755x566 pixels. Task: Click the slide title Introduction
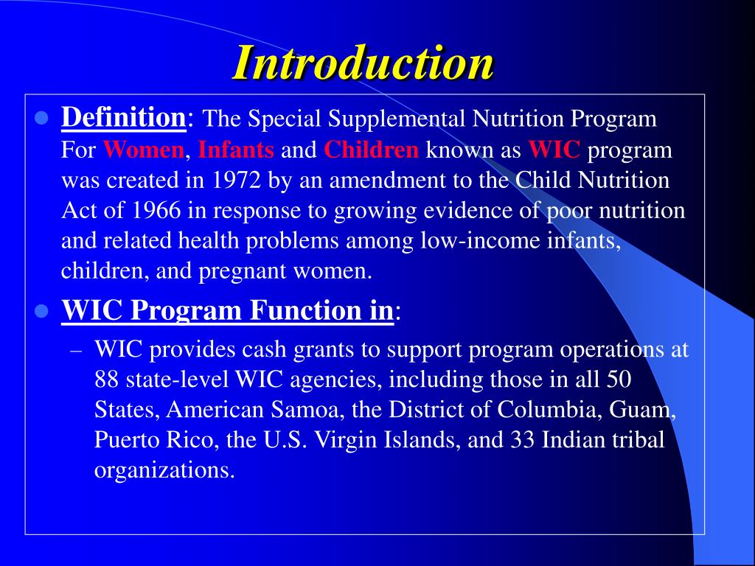point(363,63)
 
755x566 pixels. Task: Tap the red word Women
point(144,150)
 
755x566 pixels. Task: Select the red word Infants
point(236,150)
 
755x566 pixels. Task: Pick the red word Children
point(372,150)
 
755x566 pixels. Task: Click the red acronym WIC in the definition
point(555,150)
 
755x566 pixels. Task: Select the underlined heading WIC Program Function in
point(227,311)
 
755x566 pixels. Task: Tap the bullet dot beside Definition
point(42,118)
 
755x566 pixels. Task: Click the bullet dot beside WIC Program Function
point(42,312)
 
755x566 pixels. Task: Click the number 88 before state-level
point(108,380)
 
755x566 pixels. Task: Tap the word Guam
point(650,410)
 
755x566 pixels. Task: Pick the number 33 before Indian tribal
point(523,440)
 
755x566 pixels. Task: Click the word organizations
point(164,471)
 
